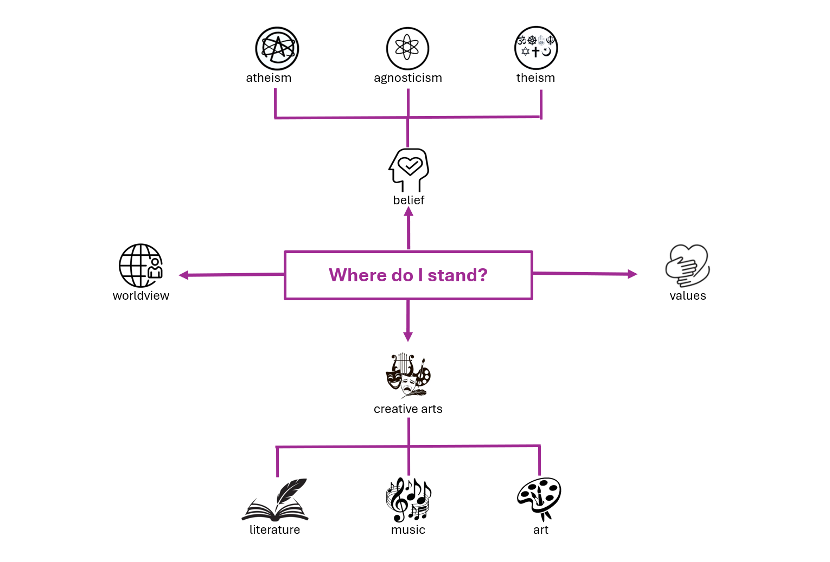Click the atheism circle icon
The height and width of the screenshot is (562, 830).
pos(277,48)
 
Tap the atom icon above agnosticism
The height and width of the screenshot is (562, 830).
pos(407,48)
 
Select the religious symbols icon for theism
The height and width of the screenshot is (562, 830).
pos(536,48)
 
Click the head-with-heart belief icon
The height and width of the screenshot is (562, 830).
pos(408,170)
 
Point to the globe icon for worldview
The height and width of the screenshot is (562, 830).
pos(141,266)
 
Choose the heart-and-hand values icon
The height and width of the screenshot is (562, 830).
pos(688,266)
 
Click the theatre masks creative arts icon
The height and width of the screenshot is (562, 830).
pos(408,376)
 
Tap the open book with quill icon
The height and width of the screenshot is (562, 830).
pos(275,500)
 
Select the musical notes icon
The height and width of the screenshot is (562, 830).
pos(408,500)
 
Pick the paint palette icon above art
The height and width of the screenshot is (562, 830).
pos(539,499)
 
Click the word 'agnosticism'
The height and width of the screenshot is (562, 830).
pos(408,78)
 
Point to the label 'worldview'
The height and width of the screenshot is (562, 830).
pos(141,296)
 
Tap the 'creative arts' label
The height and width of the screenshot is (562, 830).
pos(408,409)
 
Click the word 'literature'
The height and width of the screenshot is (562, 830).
pos(275,530)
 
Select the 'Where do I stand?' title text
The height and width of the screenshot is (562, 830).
pos(408,275)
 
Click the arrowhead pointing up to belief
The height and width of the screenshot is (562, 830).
pos(408,211)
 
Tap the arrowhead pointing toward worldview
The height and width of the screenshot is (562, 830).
pos(184,275)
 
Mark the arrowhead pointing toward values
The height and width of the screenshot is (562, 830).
pos(633,274)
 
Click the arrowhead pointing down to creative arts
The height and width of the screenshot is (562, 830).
pos(408,337)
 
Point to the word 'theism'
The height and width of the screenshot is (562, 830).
pos(536,78)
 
